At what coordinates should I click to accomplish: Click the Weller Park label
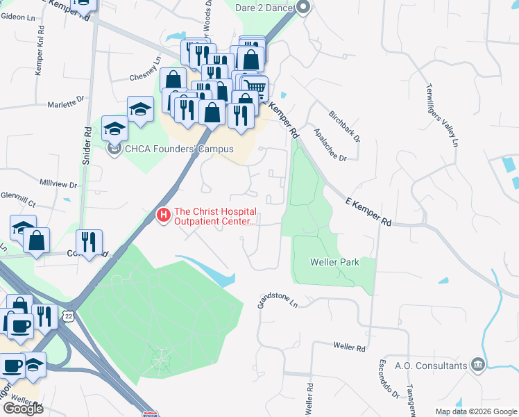[x=333, y=262]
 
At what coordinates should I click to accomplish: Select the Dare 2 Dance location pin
[x=303, y=8]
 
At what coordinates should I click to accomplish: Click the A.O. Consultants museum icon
[x=477, y=365]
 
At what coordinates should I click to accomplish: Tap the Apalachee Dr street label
[x=330, y=144]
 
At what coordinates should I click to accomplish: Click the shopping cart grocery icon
[x=255, y=87]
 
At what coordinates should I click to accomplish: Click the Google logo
[x=23, y=408]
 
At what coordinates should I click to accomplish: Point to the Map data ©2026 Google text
[x=476, y=411]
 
